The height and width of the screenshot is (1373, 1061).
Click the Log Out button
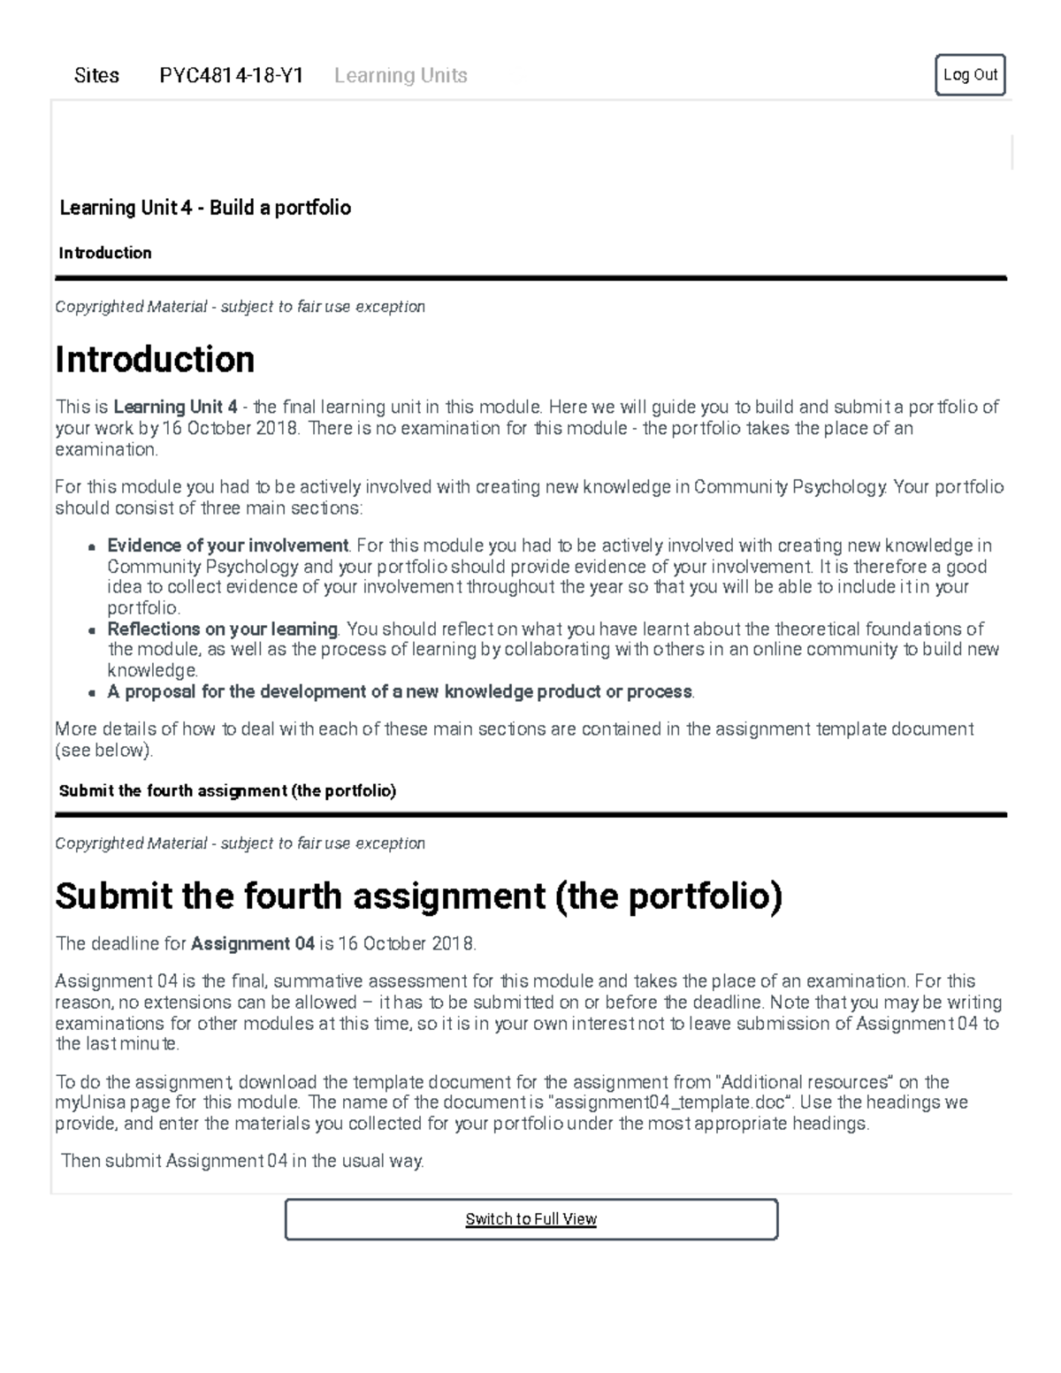(970, 75)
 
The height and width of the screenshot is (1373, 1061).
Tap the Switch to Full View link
(530, 1219)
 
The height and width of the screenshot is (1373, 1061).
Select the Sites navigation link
(96, 76)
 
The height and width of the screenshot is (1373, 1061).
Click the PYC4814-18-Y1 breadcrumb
(231, 76)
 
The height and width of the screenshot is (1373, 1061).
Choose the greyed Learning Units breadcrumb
(401, 76)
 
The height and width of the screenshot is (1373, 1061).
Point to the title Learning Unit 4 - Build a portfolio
(205, 208)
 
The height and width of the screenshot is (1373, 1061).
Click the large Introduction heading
(155, 360)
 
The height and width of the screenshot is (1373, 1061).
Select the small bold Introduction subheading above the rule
(105, 253)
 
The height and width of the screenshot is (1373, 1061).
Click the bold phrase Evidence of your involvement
(227, 545)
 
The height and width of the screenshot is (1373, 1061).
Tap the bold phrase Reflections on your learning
(222, 629)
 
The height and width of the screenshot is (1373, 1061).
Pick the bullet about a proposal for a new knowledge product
(400, 691)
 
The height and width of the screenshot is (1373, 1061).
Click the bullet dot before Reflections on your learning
(91, 630)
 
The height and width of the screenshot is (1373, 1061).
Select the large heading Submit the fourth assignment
(418, 896)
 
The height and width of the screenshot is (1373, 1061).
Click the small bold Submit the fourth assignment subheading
(227, 790)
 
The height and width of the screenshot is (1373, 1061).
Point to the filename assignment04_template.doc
(667, 1102)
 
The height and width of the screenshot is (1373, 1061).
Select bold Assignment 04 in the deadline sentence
(253, 943)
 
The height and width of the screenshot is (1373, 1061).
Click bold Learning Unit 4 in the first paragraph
(175, 407)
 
